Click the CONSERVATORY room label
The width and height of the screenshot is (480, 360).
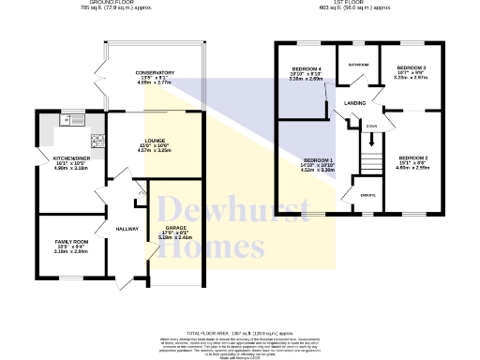pyautogui.click(x=154, y=72)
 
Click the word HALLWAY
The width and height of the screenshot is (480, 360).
pyautogui.click(x=127, y=228)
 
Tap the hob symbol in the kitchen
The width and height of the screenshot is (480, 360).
pyautogui.click(x=97, y=140)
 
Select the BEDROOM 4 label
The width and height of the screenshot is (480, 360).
pyautogui.click(x=306, y=69)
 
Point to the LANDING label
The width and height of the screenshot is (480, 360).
pyautogui.click(x=354, y=102)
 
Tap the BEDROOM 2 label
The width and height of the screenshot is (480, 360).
pyautogui.click(x=412, y=157)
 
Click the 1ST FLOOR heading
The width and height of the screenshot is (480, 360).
pyautogui.click(x=348, y=3)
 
